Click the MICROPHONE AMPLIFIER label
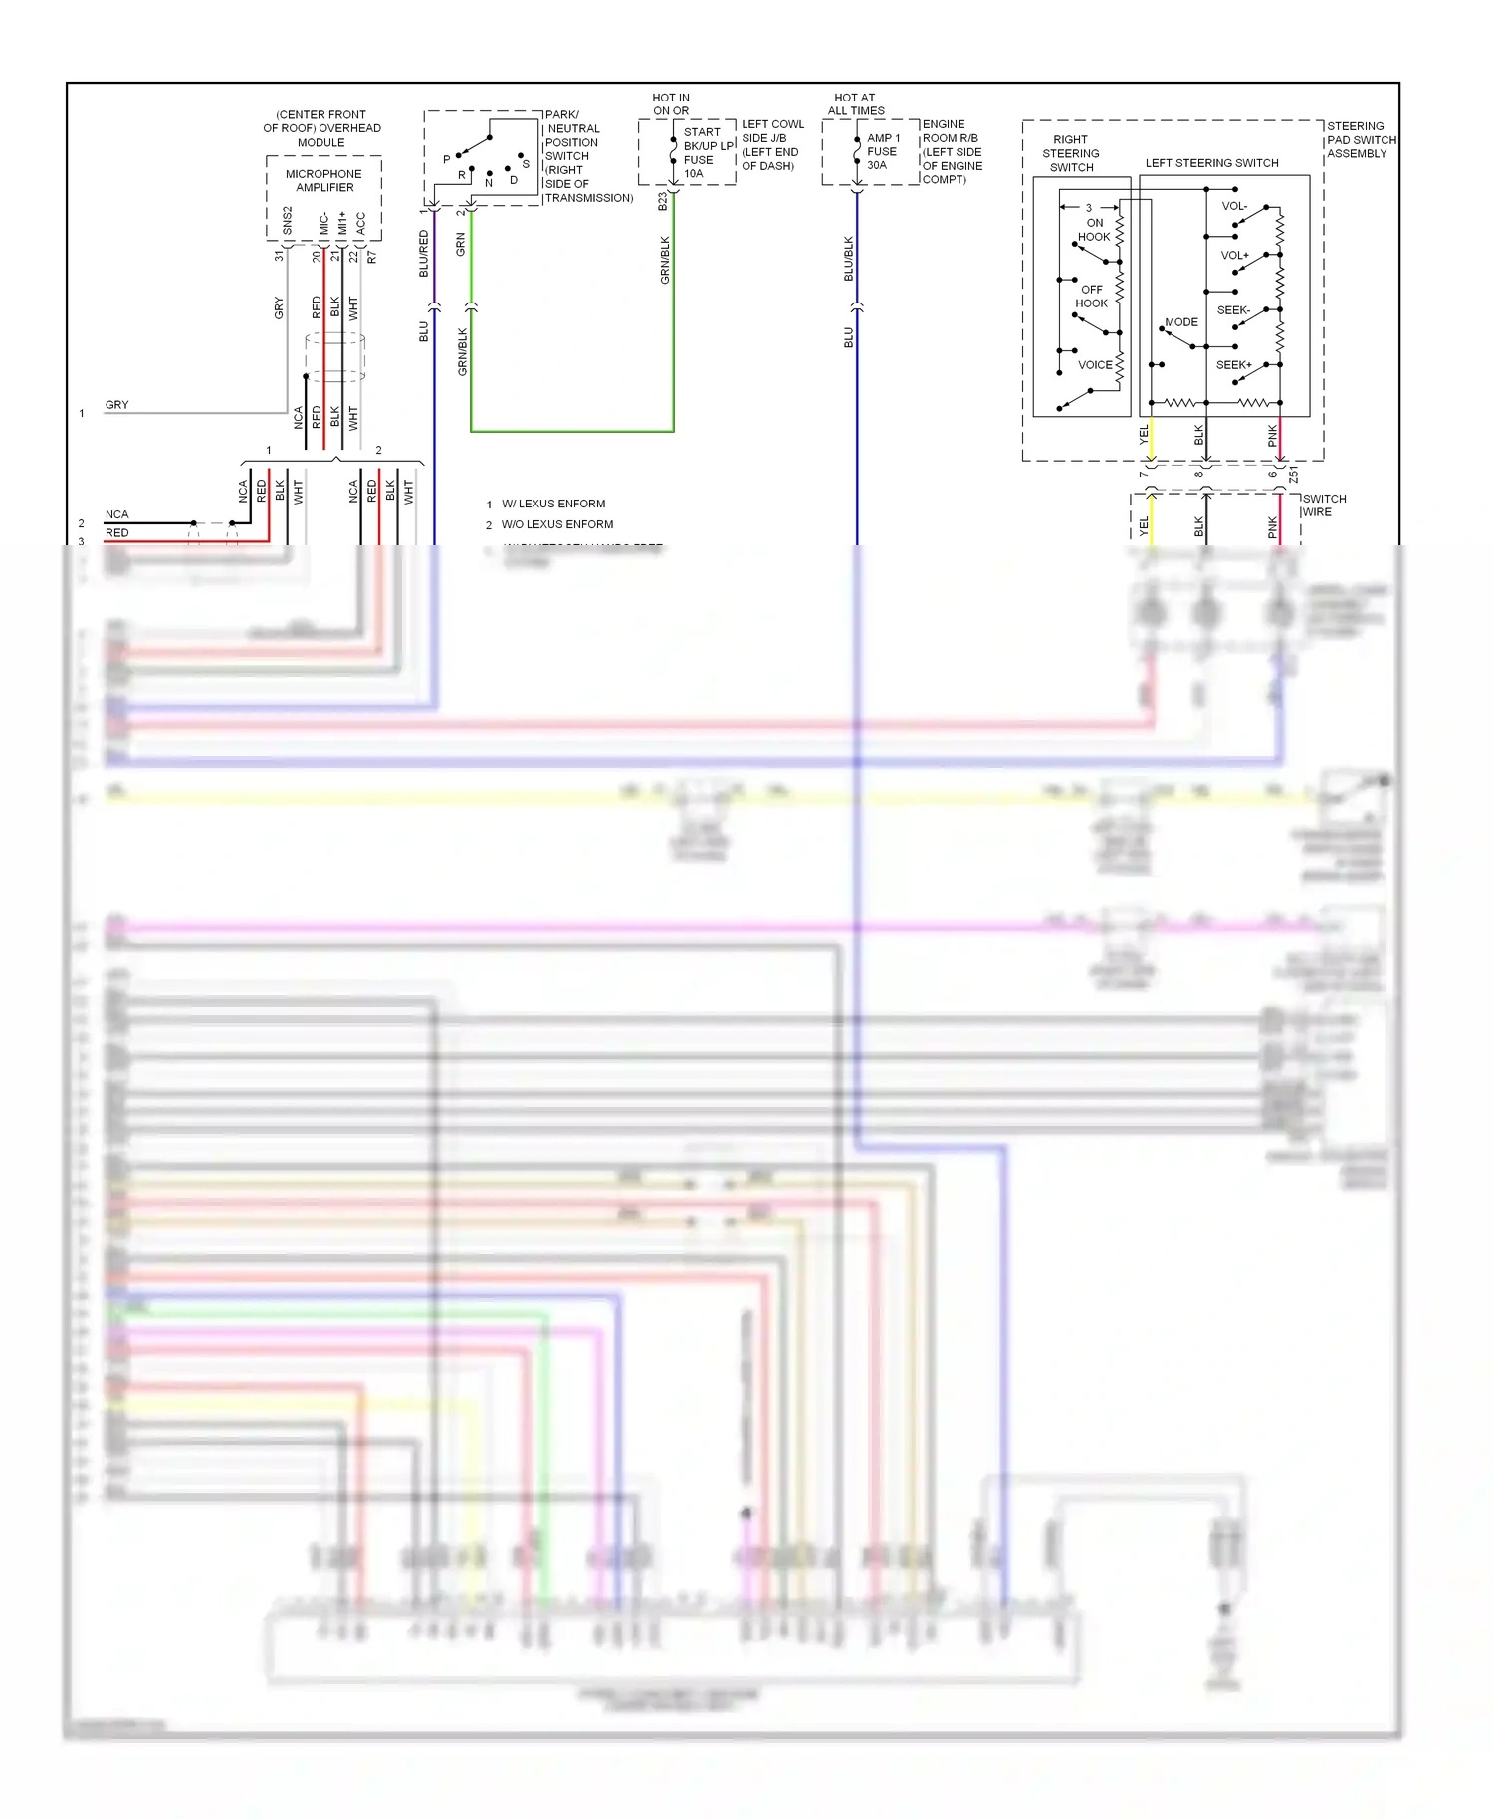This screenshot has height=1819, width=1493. pos(323,180)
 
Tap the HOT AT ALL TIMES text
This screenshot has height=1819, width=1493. pos(855,104)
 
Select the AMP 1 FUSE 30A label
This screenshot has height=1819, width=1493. pos(882,151)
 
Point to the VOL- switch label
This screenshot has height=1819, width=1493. pos(1234,206)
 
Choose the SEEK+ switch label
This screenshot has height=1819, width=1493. pos(1233,365)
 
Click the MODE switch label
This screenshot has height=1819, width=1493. pos(1180,322)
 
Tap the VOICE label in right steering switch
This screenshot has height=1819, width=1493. pos(1095,365)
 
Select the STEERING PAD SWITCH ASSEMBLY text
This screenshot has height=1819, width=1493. pos(1360,140)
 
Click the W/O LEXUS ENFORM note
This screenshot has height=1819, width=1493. pos(556,524)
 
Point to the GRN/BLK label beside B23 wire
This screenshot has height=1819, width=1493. pos(665,260)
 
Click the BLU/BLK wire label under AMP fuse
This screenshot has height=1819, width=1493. pos(849,258)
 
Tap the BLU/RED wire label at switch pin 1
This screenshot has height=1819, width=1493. pos(424,253)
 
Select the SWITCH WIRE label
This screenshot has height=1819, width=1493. pos(1323,505)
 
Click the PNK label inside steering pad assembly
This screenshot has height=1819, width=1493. pos(1272,435)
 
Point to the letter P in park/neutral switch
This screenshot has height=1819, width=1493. pos(446,159)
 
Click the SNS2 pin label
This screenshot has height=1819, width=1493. pos(288,221)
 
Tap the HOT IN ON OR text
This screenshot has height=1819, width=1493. pos(670,104)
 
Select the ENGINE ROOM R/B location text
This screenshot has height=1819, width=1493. pos(952,152)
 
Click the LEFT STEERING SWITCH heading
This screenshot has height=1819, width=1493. pos(1211,163)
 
